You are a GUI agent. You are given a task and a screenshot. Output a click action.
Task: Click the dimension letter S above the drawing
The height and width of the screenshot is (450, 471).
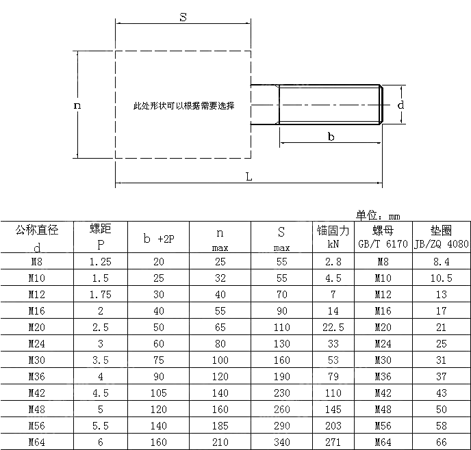(x=183, y=17)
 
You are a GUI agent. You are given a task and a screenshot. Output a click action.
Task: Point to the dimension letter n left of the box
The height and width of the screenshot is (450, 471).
(x=77, y=105)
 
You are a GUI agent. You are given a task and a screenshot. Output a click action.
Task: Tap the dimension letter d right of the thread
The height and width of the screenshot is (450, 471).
(x=400, y=105)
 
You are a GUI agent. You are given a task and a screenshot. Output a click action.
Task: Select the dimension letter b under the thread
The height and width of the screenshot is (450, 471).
(x=331, y=137)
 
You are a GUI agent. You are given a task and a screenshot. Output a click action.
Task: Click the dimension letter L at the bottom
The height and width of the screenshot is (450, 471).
(x=249, y=176)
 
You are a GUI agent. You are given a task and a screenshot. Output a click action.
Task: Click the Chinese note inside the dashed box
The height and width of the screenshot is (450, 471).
(x=184, y=105)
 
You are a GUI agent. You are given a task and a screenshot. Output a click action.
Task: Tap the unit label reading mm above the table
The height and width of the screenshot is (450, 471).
(x=394, y=217)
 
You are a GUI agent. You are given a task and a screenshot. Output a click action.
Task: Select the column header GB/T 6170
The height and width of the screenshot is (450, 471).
(x=383, y=244)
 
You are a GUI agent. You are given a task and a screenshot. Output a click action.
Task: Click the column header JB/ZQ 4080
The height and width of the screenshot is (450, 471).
(x=442, y=244)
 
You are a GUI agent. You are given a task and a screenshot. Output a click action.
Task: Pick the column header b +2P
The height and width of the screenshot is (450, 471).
(x=159, y=239)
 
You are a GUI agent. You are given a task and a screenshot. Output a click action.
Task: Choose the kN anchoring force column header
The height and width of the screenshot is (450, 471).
(x=333, y=244)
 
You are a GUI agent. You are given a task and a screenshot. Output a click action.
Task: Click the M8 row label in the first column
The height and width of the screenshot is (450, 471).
(x=37, y=262)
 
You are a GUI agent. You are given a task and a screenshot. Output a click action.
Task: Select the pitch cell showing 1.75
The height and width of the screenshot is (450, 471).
(x=101, y=295)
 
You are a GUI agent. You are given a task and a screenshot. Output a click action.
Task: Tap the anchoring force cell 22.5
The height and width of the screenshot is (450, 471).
(x=333, y=328)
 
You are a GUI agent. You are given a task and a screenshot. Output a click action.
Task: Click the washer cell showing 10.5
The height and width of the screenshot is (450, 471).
(x=442, y=278)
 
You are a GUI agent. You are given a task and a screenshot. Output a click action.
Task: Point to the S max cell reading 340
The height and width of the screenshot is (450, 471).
(x=282, y=442)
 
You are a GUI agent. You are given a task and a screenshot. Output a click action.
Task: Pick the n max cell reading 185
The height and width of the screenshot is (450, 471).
(x=220, y=425)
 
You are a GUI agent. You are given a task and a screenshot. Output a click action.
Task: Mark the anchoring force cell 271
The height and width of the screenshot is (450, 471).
(x=333, y=442)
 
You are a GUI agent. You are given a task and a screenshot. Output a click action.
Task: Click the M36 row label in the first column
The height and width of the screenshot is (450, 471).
(x=37, y=377)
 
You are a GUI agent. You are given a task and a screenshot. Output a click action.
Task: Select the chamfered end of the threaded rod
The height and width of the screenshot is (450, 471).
(x=381, y=105)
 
